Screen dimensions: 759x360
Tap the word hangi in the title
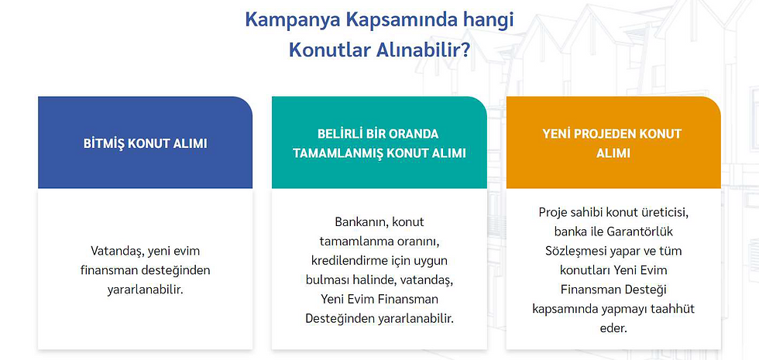point(487,21)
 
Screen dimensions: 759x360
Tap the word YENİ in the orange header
point(556,133)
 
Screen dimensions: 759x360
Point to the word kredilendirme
point(348,260)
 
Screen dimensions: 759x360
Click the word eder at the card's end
point(613,328)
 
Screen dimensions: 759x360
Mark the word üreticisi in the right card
point(668,212)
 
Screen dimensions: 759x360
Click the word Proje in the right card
point(551,212)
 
